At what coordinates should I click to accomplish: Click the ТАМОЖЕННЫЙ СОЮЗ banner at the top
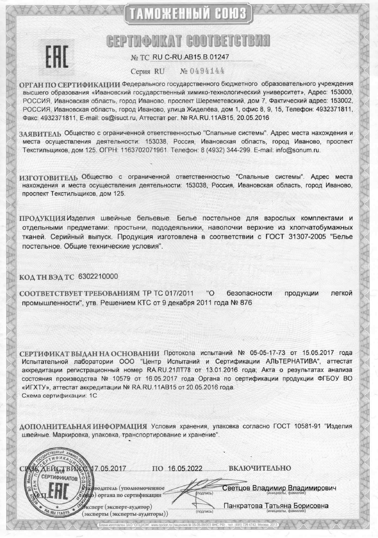(189, 14)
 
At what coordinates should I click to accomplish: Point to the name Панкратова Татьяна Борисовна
(276, 506)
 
